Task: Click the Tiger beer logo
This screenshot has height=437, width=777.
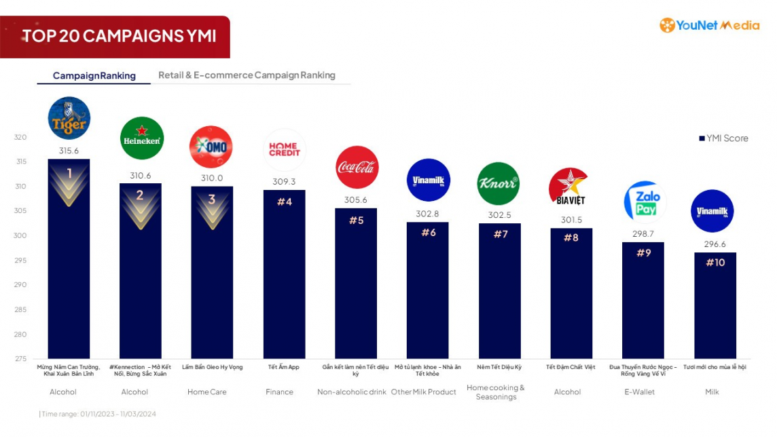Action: click(x=69, y=118)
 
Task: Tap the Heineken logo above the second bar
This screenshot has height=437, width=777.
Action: click(x=141, y=138)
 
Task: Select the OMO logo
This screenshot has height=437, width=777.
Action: click(x=211, y=147)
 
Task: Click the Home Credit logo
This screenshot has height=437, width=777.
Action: click(x=285, y=149)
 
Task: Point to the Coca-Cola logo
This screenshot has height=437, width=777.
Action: click(x=357, y=167)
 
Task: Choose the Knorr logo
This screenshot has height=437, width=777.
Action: click(x=498, y=183)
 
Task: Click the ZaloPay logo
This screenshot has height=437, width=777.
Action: click(x=645, y=202)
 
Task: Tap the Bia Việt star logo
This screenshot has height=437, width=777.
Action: click(x=569, y=187)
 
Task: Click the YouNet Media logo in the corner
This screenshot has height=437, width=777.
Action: click(x=709, y=26)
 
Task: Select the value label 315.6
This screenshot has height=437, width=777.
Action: click(x=69, y=151)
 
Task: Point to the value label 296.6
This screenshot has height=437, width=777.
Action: click(x=715, y=244)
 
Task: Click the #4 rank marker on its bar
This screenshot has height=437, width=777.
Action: click(x=285, y=202)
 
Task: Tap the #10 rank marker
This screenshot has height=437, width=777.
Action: click(x=715, y=263)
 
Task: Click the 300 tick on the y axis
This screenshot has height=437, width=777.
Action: click(x=20, y=235)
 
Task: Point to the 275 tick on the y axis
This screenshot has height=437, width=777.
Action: click(x=20, y=359)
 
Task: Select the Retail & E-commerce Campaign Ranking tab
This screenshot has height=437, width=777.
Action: click(x=247, y=75)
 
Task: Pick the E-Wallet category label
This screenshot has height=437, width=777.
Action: click(x=638, y=392)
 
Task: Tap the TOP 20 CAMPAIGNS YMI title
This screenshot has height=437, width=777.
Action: click(x=119, y=36)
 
